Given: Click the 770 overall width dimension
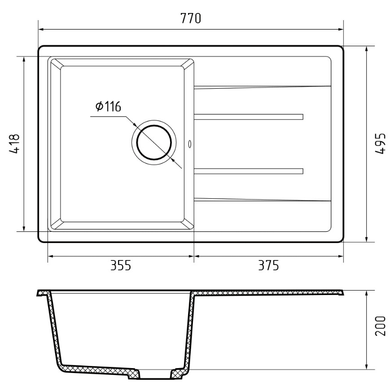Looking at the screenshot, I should (190, 19).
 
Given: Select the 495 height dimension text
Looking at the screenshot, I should (380, 143).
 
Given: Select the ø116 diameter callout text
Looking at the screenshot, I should (108, 107).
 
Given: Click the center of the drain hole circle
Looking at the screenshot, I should (154, 142).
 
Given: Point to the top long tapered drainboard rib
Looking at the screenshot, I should (263, 86).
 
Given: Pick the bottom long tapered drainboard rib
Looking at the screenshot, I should (263, 200).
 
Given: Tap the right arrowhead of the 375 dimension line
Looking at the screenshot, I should (341, 257).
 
